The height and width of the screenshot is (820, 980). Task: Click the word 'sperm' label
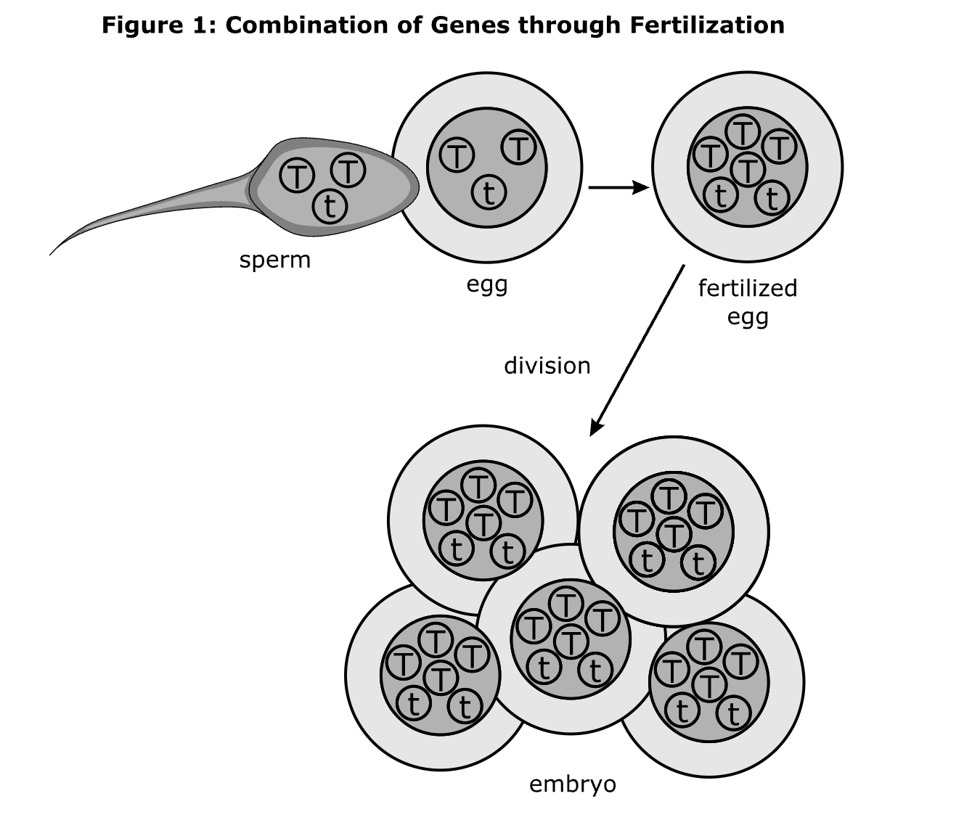[274, 260]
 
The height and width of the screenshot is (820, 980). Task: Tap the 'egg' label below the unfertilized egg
[486, 284]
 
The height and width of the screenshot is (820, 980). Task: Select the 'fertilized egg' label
[748, 302]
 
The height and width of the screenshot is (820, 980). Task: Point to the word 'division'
[547, 365]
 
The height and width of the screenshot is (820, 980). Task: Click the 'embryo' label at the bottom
[572, 784]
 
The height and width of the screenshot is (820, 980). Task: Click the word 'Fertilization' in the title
[707, 25]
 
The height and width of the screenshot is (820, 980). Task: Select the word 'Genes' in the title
[465, 25]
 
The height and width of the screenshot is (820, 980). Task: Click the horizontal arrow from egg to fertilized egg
[618, 188]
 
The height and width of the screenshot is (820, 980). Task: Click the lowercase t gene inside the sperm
[330, 207]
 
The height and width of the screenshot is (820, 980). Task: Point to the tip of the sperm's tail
[51, 254]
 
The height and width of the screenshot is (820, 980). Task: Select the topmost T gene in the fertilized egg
[743, 131]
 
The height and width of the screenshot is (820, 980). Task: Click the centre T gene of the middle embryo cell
[572, 641]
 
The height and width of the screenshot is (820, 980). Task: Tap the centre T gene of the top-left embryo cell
[483, 522]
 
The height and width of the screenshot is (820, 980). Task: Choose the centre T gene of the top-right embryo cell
[674, 535]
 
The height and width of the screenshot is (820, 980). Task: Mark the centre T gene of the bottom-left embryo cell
[440, 678]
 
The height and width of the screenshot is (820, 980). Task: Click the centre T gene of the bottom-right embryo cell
[709, 684]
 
